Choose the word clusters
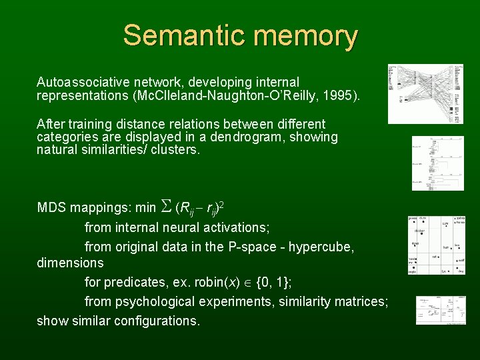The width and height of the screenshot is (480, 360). click(x=176, y=150)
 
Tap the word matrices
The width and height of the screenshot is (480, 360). click(x=363, y=301)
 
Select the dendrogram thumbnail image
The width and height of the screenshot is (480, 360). click(x=437, y=163)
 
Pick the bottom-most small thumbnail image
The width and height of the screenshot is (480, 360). click(x=441, y=310)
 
